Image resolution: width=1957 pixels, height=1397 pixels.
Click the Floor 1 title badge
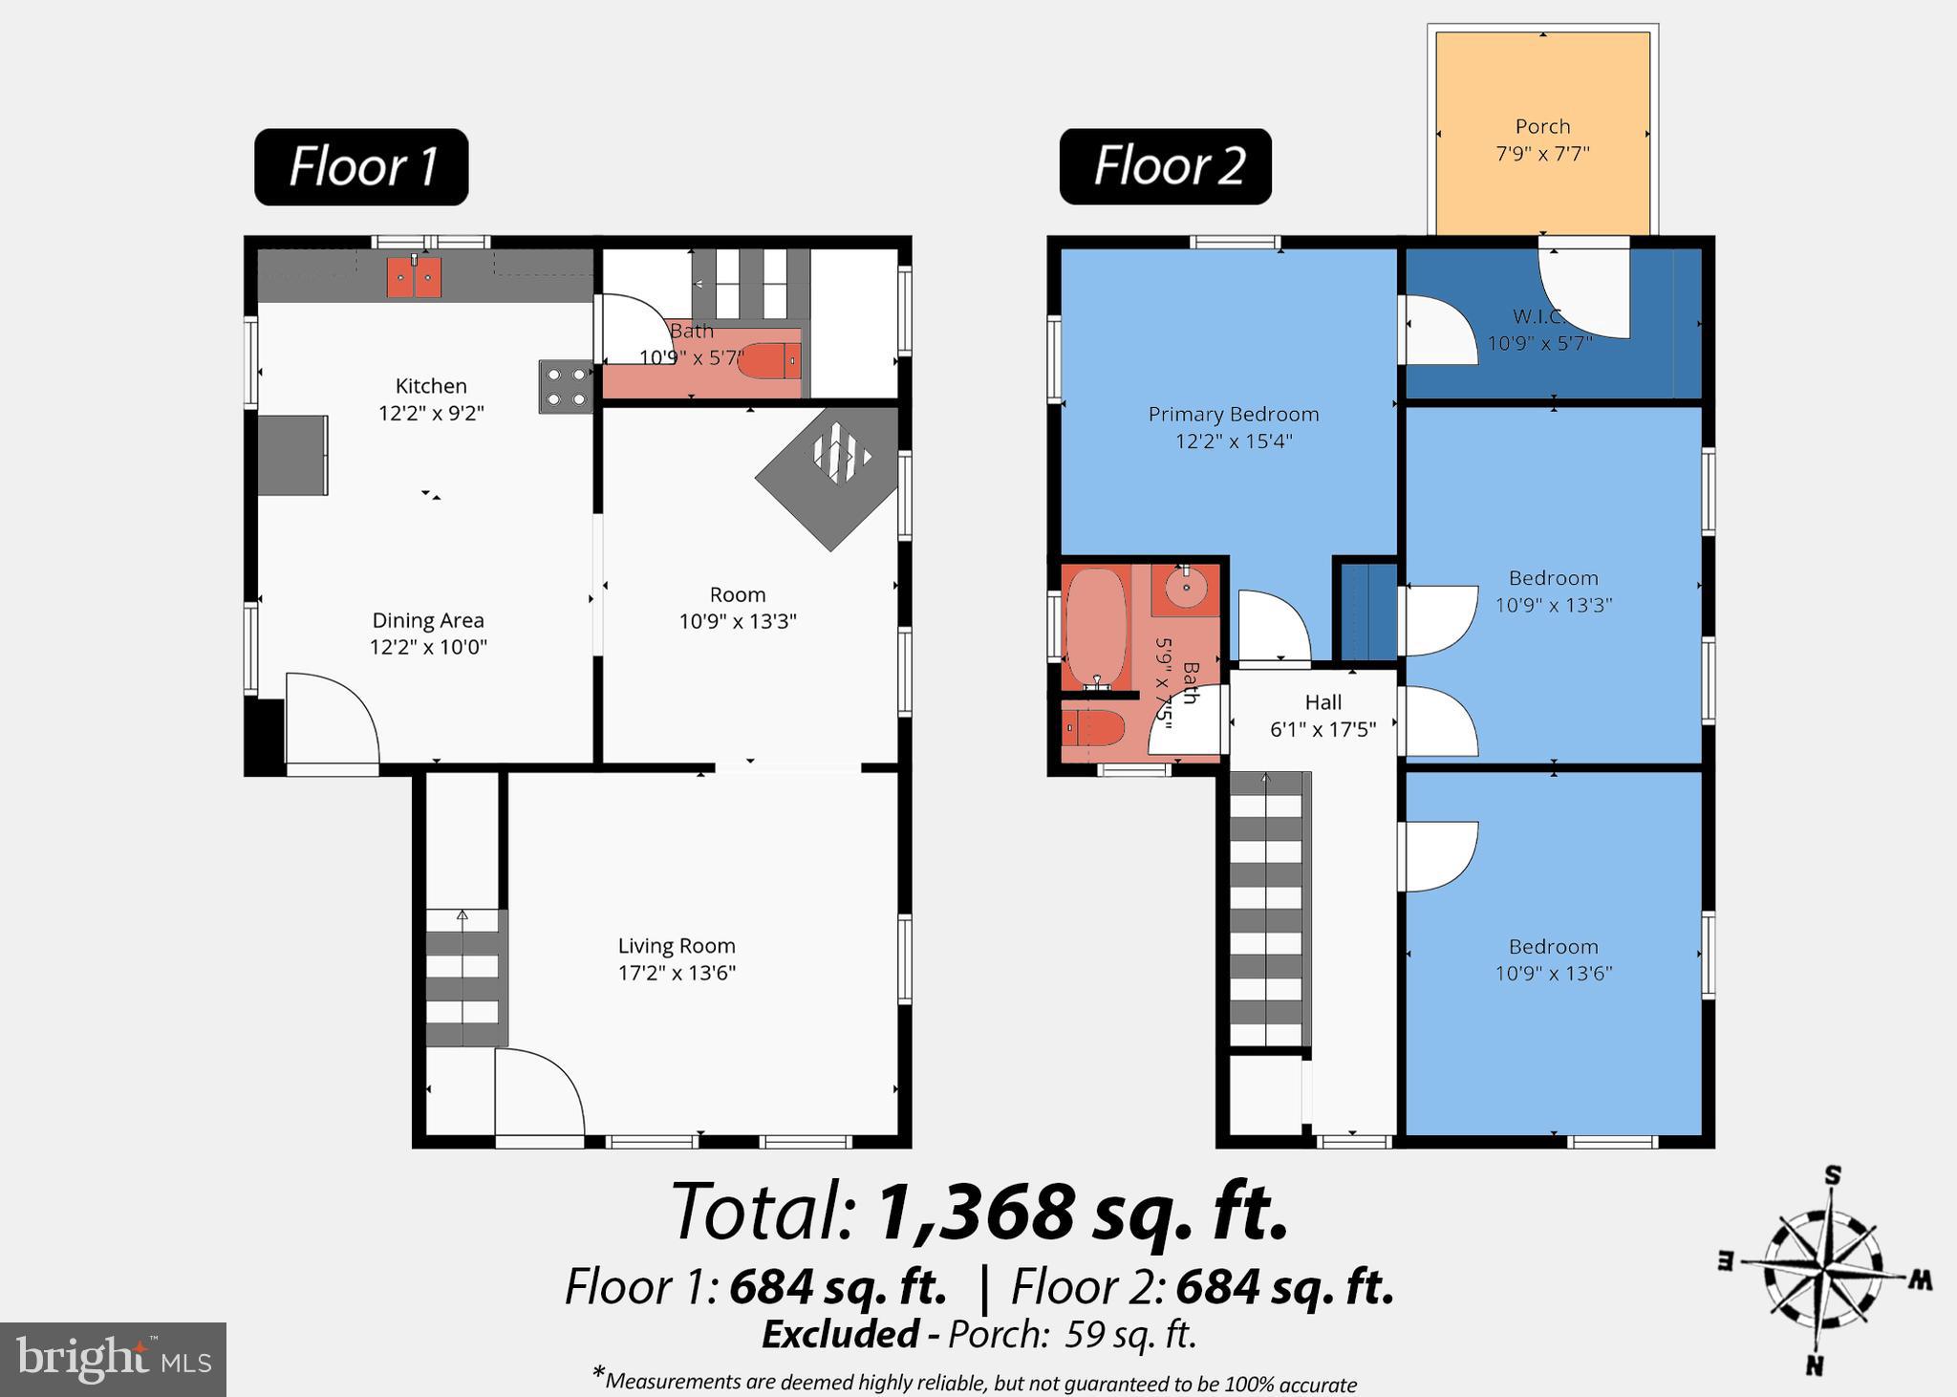coord(361,167)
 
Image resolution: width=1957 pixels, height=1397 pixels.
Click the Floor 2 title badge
coord(1165,166)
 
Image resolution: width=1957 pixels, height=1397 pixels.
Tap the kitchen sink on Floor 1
coord(414,277)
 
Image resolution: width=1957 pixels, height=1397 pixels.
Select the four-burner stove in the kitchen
coord(566,386)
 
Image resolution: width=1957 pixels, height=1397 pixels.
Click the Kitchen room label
coord(431,386)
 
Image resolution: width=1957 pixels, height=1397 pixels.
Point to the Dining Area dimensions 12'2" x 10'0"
coord(428,647)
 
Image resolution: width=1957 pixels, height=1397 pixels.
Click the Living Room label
coord(677,946)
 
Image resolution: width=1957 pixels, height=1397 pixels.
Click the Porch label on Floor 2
coord(1542,126)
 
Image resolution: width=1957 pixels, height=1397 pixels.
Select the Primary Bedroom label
coord(1233,414)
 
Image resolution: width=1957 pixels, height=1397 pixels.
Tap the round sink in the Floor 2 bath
coord(1186,589)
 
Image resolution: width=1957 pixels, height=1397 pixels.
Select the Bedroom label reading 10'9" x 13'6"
coord(1553,959)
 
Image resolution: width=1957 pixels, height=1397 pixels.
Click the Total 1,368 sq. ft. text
coord(978,1212)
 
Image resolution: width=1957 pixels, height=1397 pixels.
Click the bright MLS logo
coord(113,1359)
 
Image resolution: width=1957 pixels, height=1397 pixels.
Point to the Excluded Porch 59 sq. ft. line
coord(978,1334)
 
